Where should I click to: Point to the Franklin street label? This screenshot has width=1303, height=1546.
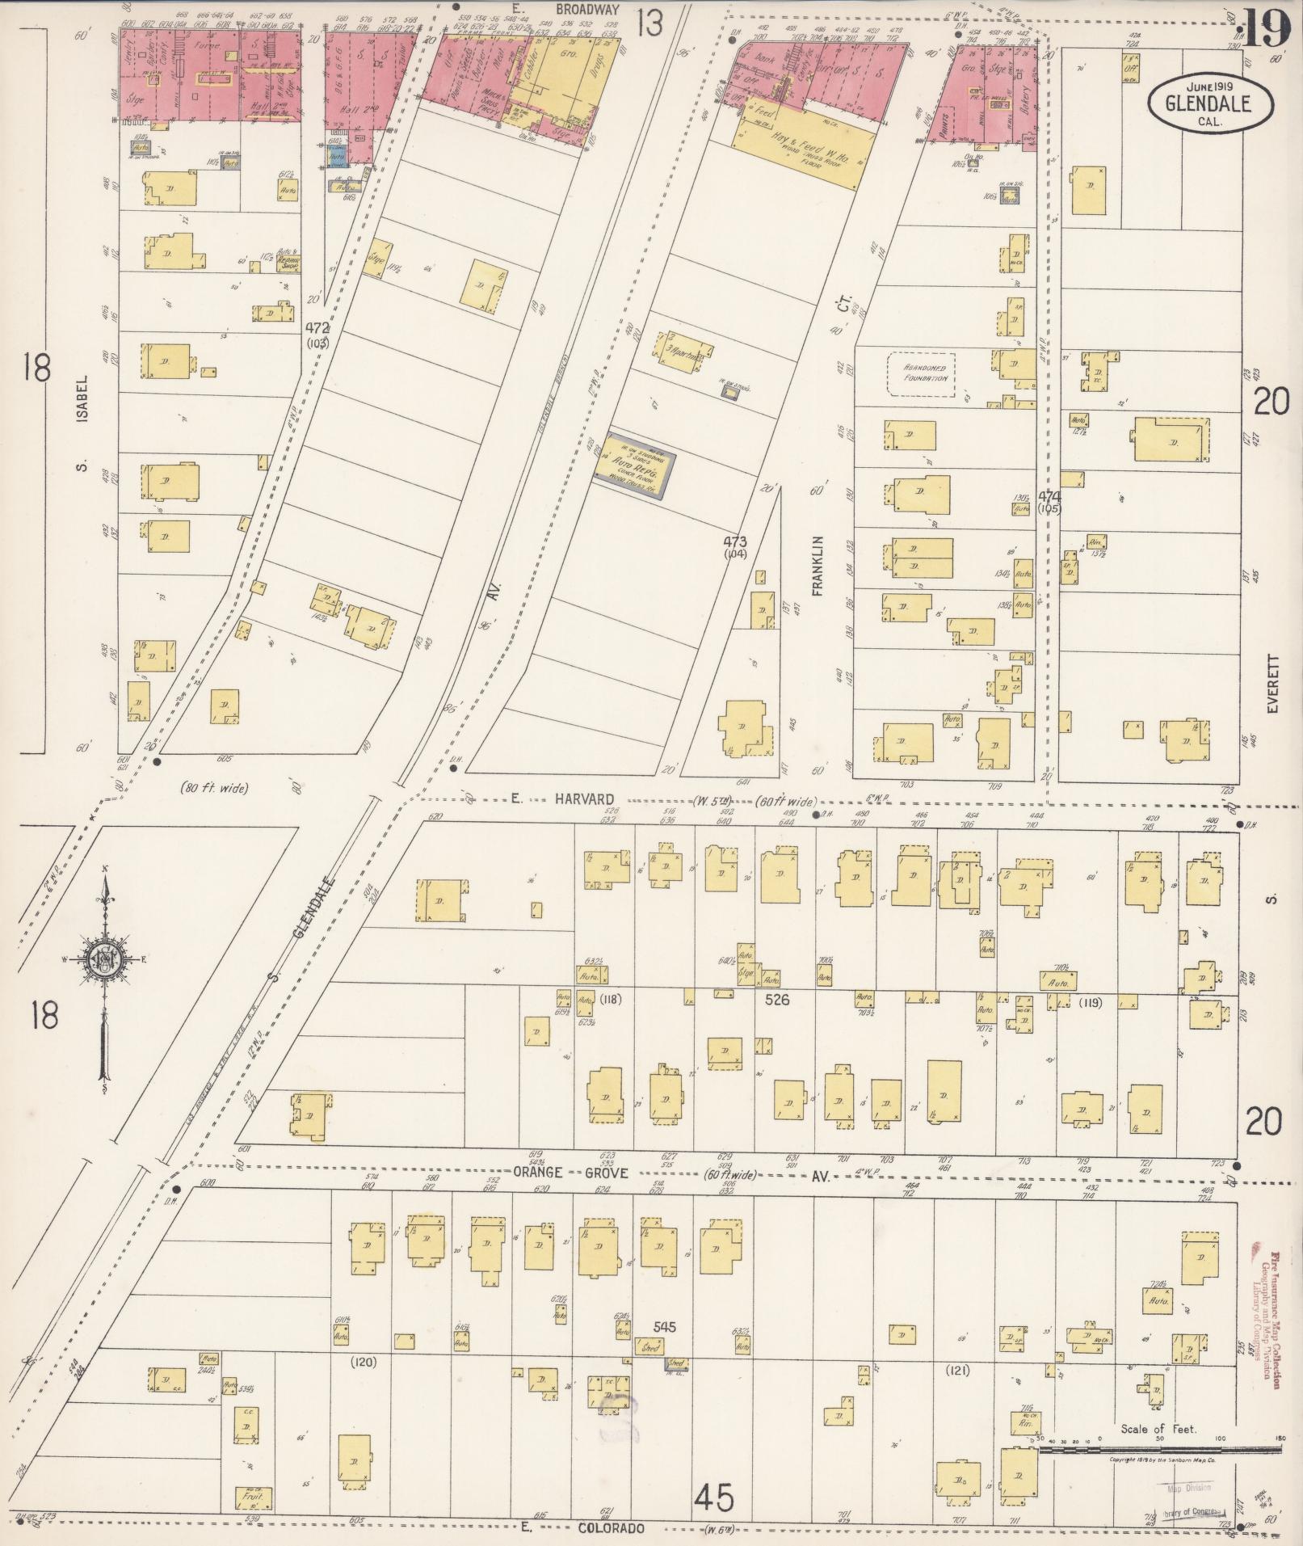[818, 566]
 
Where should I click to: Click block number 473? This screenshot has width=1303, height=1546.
[735, 541]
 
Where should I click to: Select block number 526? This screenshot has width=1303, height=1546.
[776, 1000]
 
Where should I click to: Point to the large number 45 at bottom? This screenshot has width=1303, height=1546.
[713, 1500]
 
